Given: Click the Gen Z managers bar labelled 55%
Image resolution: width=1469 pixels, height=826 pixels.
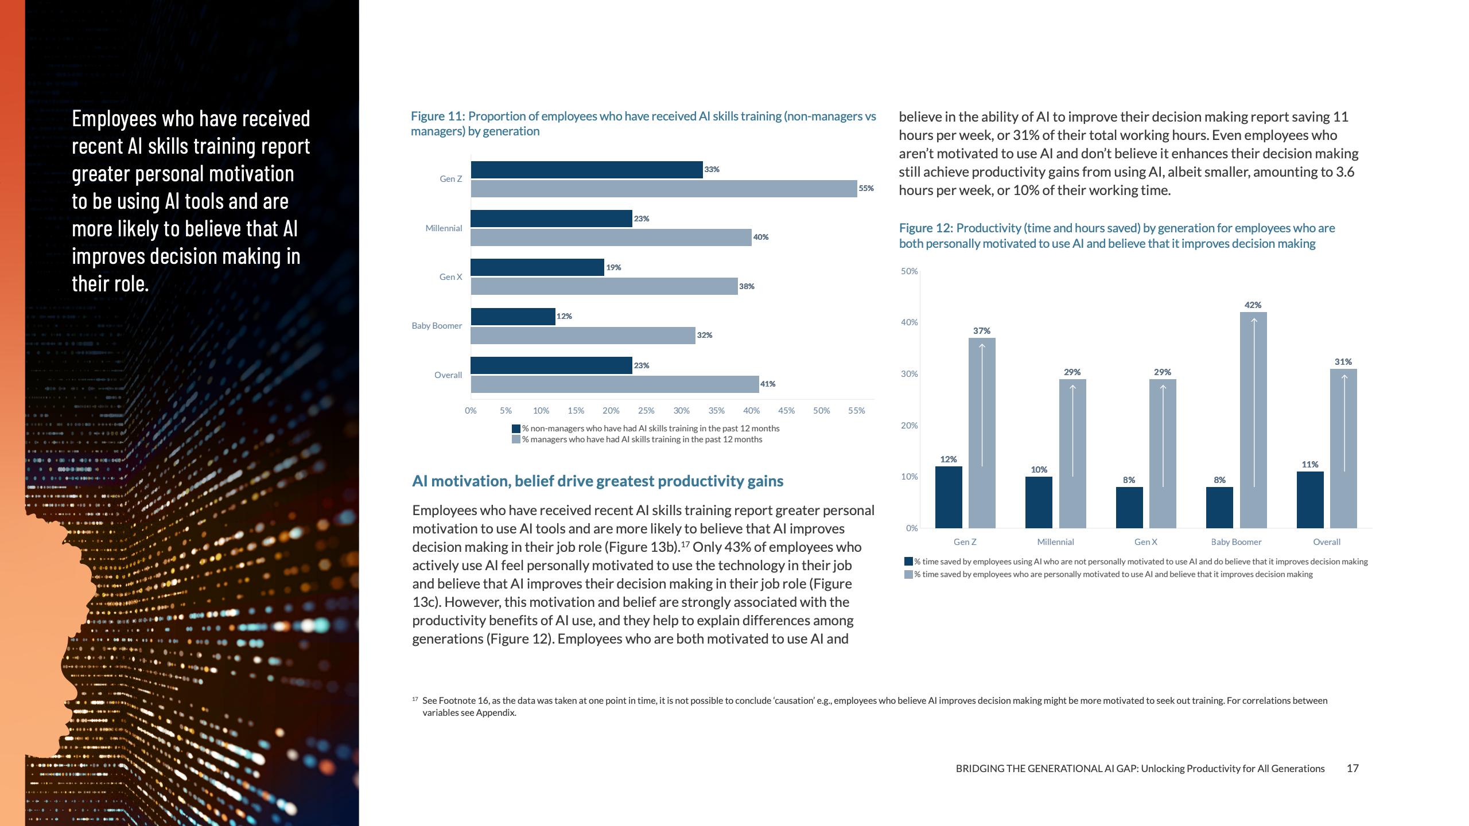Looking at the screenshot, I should coord(663,189).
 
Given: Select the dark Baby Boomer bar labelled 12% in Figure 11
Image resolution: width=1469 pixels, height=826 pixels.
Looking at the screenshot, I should coord(512,317).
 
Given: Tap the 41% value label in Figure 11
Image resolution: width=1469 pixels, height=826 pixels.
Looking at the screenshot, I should coord(768,384).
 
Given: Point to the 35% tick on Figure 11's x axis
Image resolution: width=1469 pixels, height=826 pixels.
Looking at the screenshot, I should coord(716,411).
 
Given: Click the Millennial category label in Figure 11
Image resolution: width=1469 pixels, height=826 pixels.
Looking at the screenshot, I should coord(444,228).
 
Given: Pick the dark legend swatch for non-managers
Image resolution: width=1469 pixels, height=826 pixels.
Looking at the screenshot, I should coord(516,428).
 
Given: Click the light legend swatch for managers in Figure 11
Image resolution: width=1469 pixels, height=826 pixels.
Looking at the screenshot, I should coord(516,439).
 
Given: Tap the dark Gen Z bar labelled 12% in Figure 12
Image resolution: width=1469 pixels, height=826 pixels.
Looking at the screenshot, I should coord(949,497).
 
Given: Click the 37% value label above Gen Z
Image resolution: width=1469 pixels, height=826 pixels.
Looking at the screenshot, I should coord(982,331).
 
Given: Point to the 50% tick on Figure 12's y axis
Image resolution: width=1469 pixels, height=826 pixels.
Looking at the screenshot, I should coord(909,271).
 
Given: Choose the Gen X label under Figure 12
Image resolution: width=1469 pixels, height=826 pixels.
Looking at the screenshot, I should coord(1145,542).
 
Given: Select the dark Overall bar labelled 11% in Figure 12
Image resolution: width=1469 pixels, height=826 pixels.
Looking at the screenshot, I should coord(1310,500).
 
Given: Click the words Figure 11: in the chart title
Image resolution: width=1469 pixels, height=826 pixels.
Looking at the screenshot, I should coord(437,116).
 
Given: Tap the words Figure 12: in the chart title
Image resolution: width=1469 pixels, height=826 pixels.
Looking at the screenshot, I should coord(926,228).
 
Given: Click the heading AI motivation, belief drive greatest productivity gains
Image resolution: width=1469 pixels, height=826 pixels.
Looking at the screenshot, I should coord(597,481).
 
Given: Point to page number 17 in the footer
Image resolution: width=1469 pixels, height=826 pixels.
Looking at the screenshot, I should coord(1353,769).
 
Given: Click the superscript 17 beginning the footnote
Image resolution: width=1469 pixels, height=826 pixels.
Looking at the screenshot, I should coord(415,699).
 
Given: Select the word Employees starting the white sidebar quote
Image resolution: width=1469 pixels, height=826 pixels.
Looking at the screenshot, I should coord(114,119).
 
